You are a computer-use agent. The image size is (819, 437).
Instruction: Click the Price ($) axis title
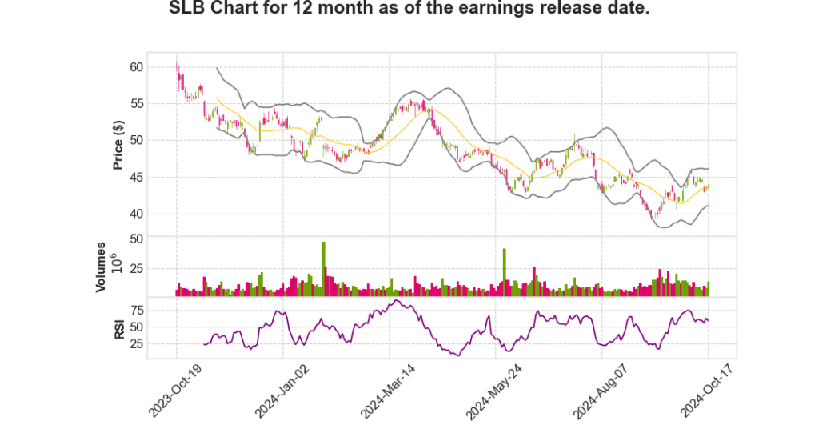point(118,145)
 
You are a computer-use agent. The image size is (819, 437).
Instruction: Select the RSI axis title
point(118,328)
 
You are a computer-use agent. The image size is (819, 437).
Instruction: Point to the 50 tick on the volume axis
point(136,239)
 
